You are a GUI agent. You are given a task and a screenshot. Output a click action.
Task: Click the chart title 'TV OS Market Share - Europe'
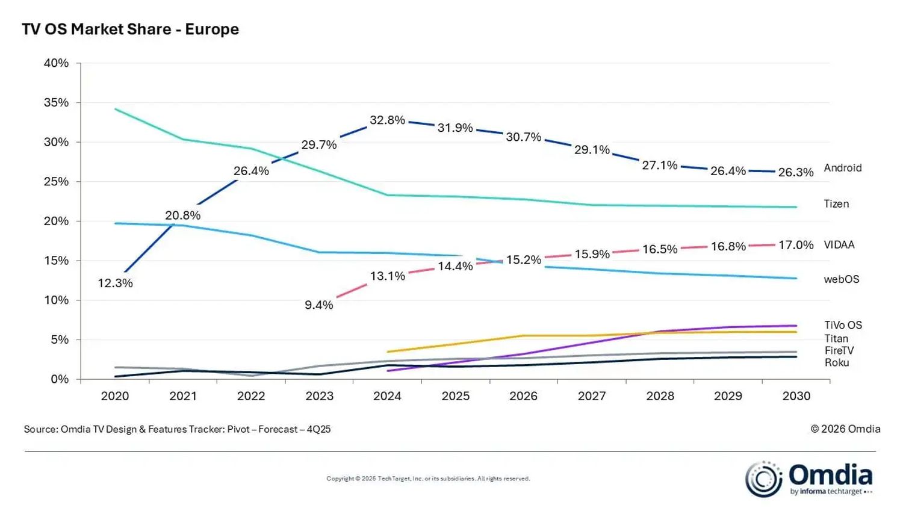point(130,29)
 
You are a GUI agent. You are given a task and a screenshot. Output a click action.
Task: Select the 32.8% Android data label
point(387,120)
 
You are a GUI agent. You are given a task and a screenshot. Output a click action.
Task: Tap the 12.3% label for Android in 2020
point(115,283)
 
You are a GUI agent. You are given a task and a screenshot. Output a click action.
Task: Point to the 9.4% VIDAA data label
point(318,305)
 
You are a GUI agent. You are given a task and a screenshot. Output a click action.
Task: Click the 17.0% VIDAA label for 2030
point(796,245)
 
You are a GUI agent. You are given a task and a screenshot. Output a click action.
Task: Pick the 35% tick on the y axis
point(56,102)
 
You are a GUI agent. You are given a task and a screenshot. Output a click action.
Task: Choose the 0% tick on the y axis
point(59,379)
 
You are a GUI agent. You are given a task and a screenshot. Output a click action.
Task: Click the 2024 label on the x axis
point(387,396)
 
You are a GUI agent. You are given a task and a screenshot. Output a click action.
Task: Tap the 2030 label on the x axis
point(796,396)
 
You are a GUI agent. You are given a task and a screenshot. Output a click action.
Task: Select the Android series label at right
point(842,168)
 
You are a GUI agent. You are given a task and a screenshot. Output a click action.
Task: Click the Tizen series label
point(836,204)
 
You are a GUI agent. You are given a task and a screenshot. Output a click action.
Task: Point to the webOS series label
point(841,279)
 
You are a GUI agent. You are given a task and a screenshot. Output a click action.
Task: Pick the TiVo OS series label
point(843,325)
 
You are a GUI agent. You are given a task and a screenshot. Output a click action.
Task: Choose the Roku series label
point(837,362)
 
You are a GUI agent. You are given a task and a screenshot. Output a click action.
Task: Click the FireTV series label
point(839,350)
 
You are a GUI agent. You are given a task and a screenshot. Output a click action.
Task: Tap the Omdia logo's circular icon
point(763,479)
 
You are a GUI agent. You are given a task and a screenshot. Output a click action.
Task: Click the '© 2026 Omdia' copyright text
point(845,429)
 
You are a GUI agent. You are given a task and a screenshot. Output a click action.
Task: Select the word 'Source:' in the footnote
point(41,429)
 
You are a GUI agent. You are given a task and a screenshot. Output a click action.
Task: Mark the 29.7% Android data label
point(318,145)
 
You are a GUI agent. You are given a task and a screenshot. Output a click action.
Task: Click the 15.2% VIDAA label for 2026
point(523,260)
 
